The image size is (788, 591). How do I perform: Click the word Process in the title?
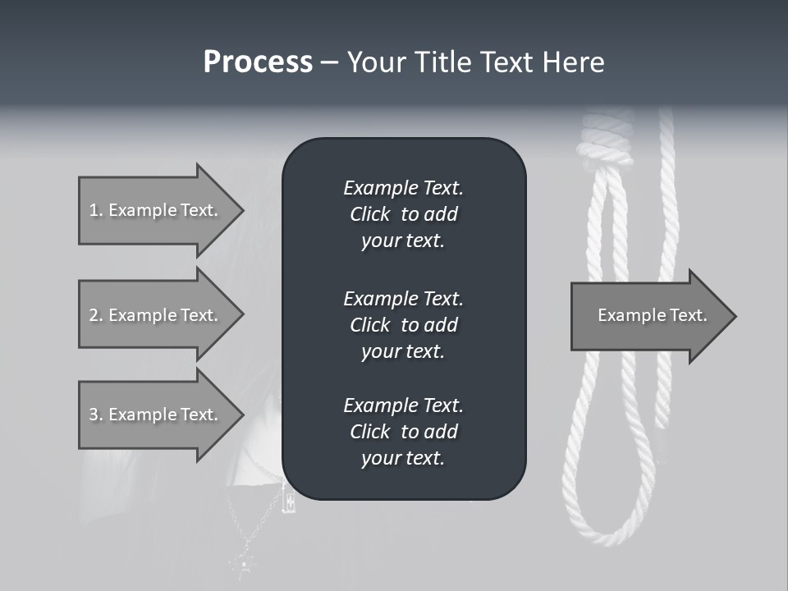pyautogui.click(x=258, y=62)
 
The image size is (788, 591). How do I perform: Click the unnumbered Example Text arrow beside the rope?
pyautogui.click(x=653, y=315)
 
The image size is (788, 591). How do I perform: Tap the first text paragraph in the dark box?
pyautogui.click(x=403, y=214)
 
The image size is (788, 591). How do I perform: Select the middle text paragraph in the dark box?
pyautogui.click(x=403, y=324)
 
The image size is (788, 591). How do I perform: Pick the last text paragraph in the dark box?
pyautogui.click(x=403, y=432)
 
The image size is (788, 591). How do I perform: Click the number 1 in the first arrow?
pyautogui.click(x=93, y=210)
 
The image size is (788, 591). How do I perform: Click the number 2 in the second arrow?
pyautogui.click(x=93, y=315)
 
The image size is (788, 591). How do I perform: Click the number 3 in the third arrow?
pyautogui.click(x=93, y=415)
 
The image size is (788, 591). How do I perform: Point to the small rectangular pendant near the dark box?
pyautogui.click(x=287, y=497)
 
